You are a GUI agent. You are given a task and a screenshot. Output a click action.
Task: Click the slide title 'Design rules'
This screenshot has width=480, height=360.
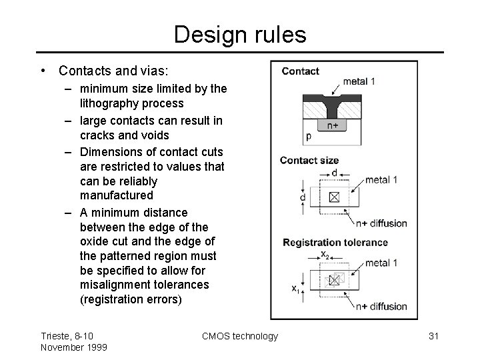[x=240, y=34]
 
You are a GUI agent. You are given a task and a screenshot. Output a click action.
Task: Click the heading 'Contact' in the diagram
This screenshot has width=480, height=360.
[x=300, y=71]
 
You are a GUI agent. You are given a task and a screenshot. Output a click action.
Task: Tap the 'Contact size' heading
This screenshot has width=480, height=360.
[x=309, y=161]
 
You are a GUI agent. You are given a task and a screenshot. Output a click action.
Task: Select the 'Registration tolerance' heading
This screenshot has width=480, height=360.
[x=335, y=243]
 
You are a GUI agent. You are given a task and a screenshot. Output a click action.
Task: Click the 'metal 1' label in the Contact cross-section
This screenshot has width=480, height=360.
[x=359, y=81]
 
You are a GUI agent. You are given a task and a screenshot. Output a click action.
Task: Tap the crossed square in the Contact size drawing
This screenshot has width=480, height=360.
[x=334, y=197]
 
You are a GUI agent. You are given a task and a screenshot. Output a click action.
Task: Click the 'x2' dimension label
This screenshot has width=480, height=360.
[x=325, y=253]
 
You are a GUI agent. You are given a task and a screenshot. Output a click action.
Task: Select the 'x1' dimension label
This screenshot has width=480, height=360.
[x=294, y=288]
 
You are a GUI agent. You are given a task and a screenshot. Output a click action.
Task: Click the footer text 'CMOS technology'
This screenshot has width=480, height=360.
[x=240, y=336]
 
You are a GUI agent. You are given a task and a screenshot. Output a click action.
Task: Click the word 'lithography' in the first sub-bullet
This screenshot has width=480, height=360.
[x=106, y=103]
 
